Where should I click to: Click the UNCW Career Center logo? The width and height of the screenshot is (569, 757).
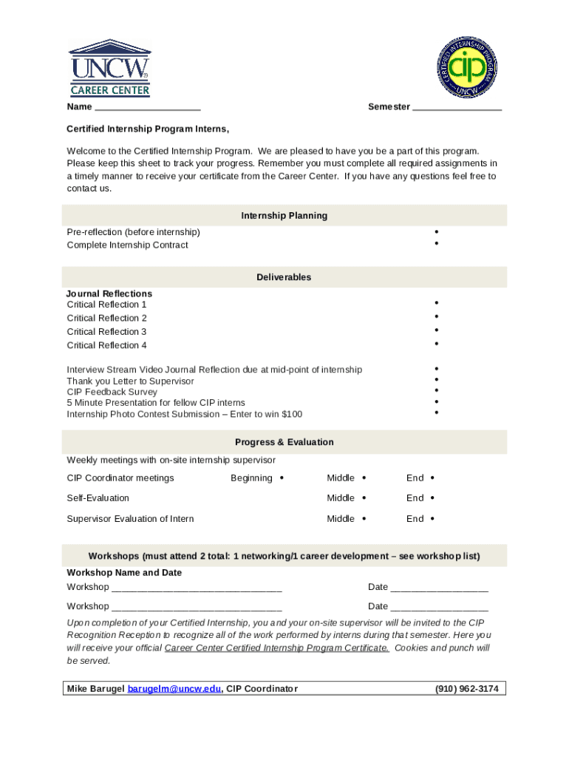pos(110,68)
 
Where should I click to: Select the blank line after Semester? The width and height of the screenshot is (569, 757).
pos(457,108)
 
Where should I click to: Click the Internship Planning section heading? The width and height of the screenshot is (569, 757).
pos(284,216)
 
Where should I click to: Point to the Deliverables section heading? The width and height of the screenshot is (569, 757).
pos(284,277)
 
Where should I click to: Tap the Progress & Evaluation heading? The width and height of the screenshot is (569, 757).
pos(284,442)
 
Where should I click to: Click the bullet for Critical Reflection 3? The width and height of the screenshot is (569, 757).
pos(437,330)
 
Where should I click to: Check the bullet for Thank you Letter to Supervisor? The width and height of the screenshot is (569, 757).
pos(437,380)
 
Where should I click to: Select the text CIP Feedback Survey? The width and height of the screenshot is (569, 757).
pos(112,392)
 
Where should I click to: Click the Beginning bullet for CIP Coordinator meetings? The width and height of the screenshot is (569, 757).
pos(282,478)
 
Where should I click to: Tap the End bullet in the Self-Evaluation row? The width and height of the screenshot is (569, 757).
pos(432,498)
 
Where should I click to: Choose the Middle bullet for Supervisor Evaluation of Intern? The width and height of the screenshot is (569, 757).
pos(364,519)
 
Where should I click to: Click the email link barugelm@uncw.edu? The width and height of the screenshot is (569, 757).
pos(174,689)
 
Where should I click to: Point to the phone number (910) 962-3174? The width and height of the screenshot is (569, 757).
pos(466,689)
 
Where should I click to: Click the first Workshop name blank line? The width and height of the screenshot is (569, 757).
pos(197,588)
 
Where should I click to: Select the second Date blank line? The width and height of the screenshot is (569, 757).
pos(439,608)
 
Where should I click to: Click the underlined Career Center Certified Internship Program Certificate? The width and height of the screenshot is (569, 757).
pos(276,648)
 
